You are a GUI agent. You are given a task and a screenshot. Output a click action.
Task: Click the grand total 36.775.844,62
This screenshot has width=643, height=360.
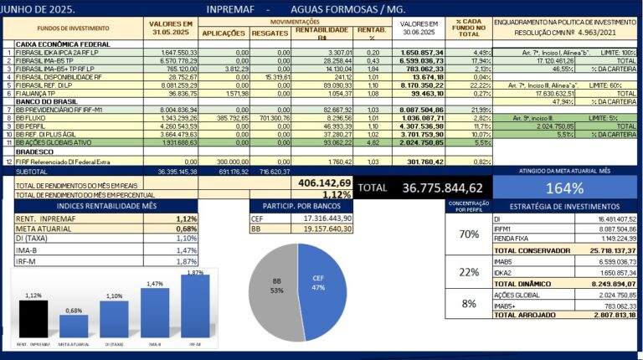point(455,188)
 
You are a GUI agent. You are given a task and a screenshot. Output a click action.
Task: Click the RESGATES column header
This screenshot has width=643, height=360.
point(268,33)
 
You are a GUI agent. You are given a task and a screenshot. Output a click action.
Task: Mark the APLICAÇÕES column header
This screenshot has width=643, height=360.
point(224,33)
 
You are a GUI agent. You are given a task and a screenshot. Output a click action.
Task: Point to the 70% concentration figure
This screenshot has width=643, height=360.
point(468,234)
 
